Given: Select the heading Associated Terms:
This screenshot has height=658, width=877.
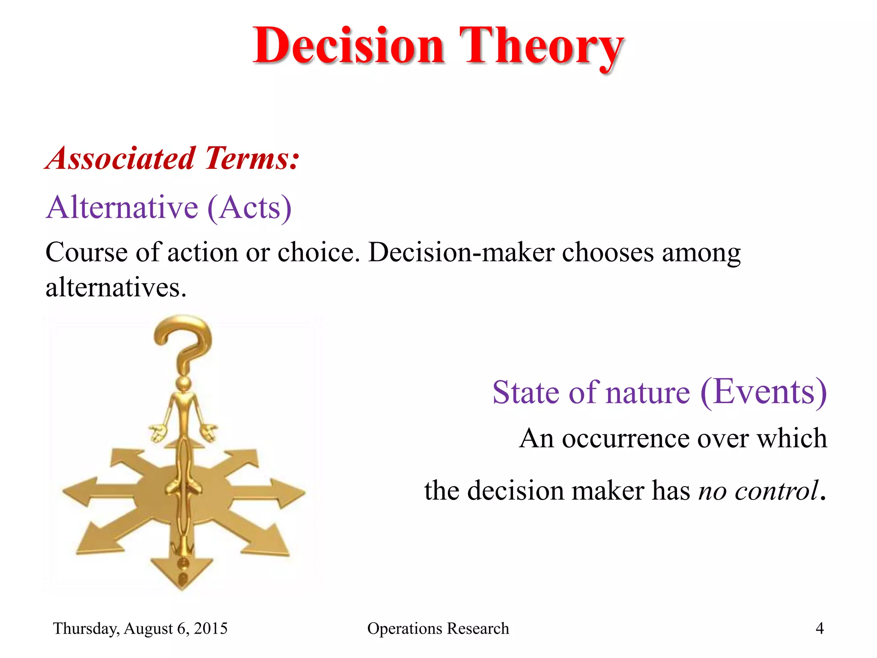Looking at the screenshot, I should [x=173, y=159].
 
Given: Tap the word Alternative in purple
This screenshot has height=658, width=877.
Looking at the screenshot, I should [x=122, y=208].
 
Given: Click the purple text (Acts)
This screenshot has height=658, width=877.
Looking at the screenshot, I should [x=250, y=208].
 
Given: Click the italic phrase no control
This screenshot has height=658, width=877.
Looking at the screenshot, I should [x=758, y=491].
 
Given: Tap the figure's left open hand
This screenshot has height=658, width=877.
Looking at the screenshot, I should [x=158, y=432].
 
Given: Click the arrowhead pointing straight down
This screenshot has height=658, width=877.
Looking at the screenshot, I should [x=182, y=572].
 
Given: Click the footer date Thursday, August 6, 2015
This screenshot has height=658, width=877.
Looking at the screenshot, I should [x=140, y=628].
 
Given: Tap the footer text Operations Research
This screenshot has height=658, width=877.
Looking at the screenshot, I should [x=438, y=628].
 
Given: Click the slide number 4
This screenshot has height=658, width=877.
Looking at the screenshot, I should [x=819, y=628].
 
